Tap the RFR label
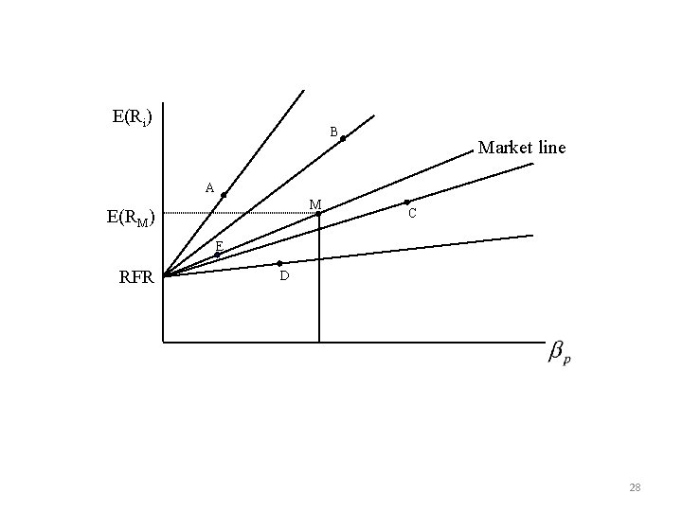pyautogui.click(x=137, y=277)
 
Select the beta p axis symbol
pyautogui.click(x=560, y=354)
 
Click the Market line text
pyautogui.click(x=522, y=148)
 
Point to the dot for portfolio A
pyautogui.click(x=224, y=195)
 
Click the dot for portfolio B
pyautogui.click(x=343, y=139)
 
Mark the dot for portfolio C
pyautogui.click(x=406, y=202)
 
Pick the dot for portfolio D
pyautogui.click(x=279, y=263)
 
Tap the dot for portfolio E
pyautogui.click(x=217, y=254)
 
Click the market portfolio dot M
pyautogui.click(x=319, y=213)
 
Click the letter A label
pyautogui.click(x=210, y=187)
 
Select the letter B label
pyautogui.click(x=333, y=132)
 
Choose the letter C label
pyautogui.click(x=412, y=215)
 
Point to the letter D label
pyautogui.click(x=283, y=276)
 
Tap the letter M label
pyautogui.click(x=314, y=204)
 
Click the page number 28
pyautogui.click(x=635, y=487)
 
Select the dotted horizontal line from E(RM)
pyautogui.click(x=237, y=214)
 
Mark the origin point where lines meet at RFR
pyautogui.click(x=164, y=275)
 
